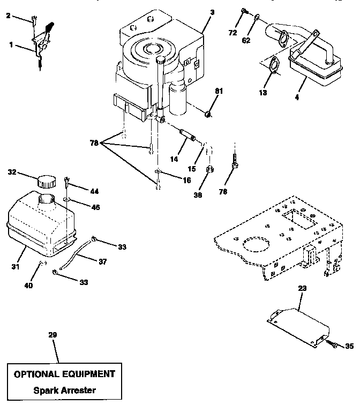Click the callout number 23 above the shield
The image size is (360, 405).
click(x=302, y=288)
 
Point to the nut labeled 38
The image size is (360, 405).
click(x=211, y=170)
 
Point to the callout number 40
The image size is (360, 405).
click(x=28, y=286)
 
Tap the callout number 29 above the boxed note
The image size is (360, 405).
click(x=52, y=335)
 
